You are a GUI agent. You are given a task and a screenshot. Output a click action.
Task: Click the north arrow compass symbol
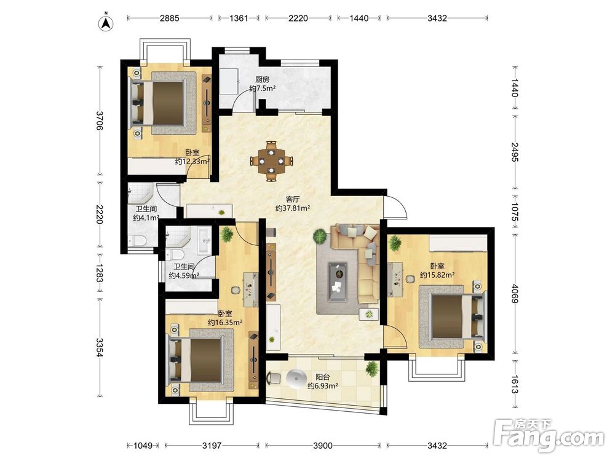106,22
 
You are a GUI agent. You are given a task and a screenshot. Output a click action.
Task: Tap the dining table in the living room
271,160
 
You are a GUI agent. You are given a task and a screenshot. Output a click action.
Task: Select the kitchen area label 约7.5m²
263,89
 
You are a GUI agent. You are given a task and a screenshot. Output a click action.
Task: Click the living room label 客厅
293,199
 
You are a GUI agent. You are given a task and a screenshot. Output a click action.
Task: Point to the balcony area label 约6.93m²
323,386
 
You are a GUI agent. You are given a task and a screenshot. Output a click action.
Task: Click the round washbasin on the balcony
296,378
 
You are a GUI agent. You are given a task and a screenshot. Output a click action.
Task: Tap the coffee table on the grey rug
337,282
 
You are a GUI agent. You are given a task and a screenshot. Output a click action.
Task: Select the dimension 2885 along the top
170,18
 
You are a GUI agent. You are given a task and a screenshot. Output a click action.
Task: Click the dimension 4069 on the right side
515,293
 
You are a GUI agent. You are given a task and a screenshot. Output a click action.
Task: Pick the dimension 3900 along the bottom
323,445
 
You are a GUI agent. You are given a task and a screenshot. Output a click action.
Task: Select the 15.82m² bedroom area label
437,275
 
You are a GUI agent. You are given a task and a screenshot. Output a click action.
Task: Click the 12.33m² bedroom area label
192,161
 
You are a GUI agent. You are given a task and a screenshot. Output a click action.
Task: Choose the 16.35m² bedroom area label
224,323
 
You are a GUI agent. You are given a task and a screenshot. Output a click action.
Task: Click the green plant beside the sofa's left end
320,237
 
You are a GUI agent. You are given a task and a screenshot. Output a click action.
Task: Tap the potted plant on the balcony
371,368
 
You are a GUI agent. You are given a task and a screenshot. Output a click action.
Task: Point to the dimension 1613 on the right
515,384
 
